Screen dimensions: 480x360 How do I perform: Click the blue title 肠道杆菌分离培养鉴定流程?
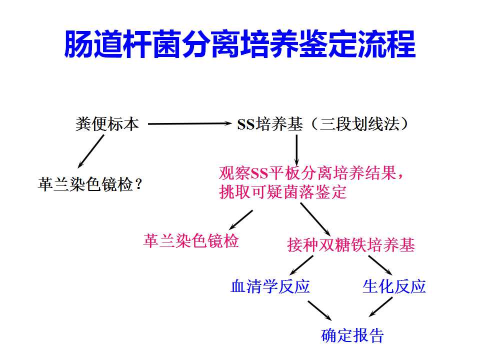pyautogui.click(x=239, y=44)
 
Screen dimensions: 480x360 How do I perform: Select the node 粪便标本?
pyautogui.click(x=107, y=124)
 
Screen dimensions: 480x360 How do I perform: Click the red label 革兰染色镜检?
pyautogui.click(x=191, y=240)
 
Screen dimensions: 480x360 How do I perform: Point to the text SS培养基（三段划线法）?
pyautogui.click(x=323, y=124)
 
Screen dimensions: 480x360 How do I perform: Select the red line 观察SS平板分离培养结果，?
pyautogui.click(x=311, y=173)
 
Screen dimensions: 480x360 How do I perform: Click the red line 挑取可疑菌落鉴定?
pyautogui.click(x=283, y=192)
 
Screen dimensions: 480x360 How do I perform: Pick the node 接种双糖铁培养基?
pyautogui.click(x=351, y=245)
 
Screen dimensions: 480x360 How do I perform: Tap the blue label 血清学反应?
pyautogui.click(x=270, y=286)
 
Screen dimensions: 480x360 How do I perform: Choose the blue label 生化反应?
pyautogui.click(x=394, y=286)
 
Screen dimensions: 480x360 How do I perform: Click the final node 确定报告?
pyautogui.click(x=352, y=335)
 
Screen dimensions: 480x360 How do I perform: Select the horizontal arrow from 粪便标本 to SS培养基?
pyautogui.click(x=190, y=123)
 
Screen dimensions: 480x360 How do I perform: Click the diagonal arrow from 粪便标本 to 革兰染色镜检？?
pyautogui.click(x=91, y=151)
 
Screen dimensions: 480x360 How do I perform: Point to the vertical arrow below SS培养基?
pyautogui.click(x=296, y=150)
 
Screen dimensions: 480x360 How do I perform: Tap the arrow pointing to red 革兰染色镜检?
pyautogui.click(x=241, y=220)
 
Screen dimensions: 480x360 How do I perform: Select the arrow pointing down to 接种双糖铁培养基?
pyautogui.click(x=315, y=219)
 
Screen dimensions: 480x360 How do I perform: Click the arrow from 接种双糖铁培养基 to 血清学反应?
pyautogui.click(x=301, y=265)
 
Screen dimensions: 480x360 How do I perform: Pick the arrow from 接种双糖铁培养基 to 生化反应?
pyautogui.click(x=380, y=265)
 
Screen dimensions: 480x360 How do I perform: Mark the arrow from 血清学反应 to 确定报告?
pyautogui.click(x=319, y=310)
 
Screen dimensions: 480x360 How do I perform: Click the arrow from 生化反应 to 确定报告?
pyautogui.click(x=380, y=306)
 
